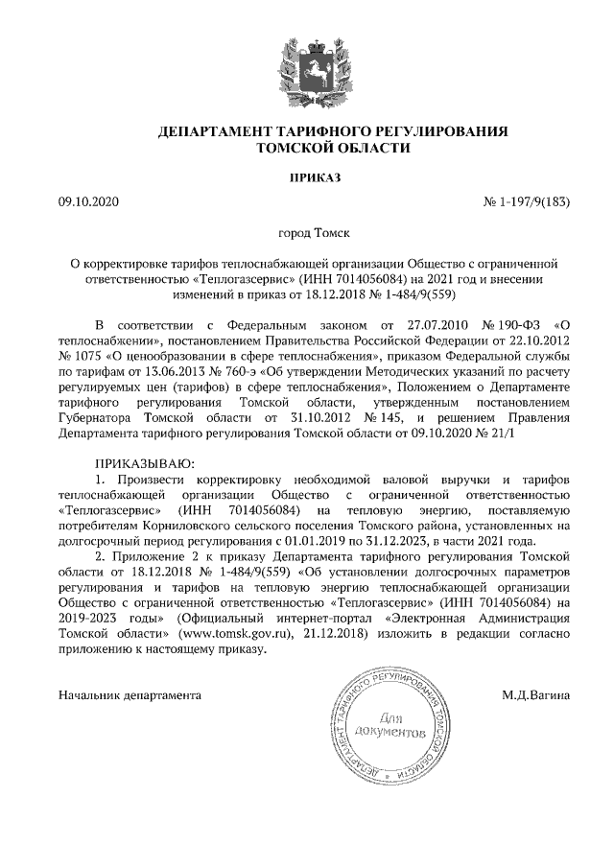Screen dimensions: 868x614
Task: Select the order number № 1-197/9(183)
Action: click(523, 202)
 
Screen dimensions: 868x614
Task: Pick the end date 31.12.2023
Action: click(431, 541)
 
